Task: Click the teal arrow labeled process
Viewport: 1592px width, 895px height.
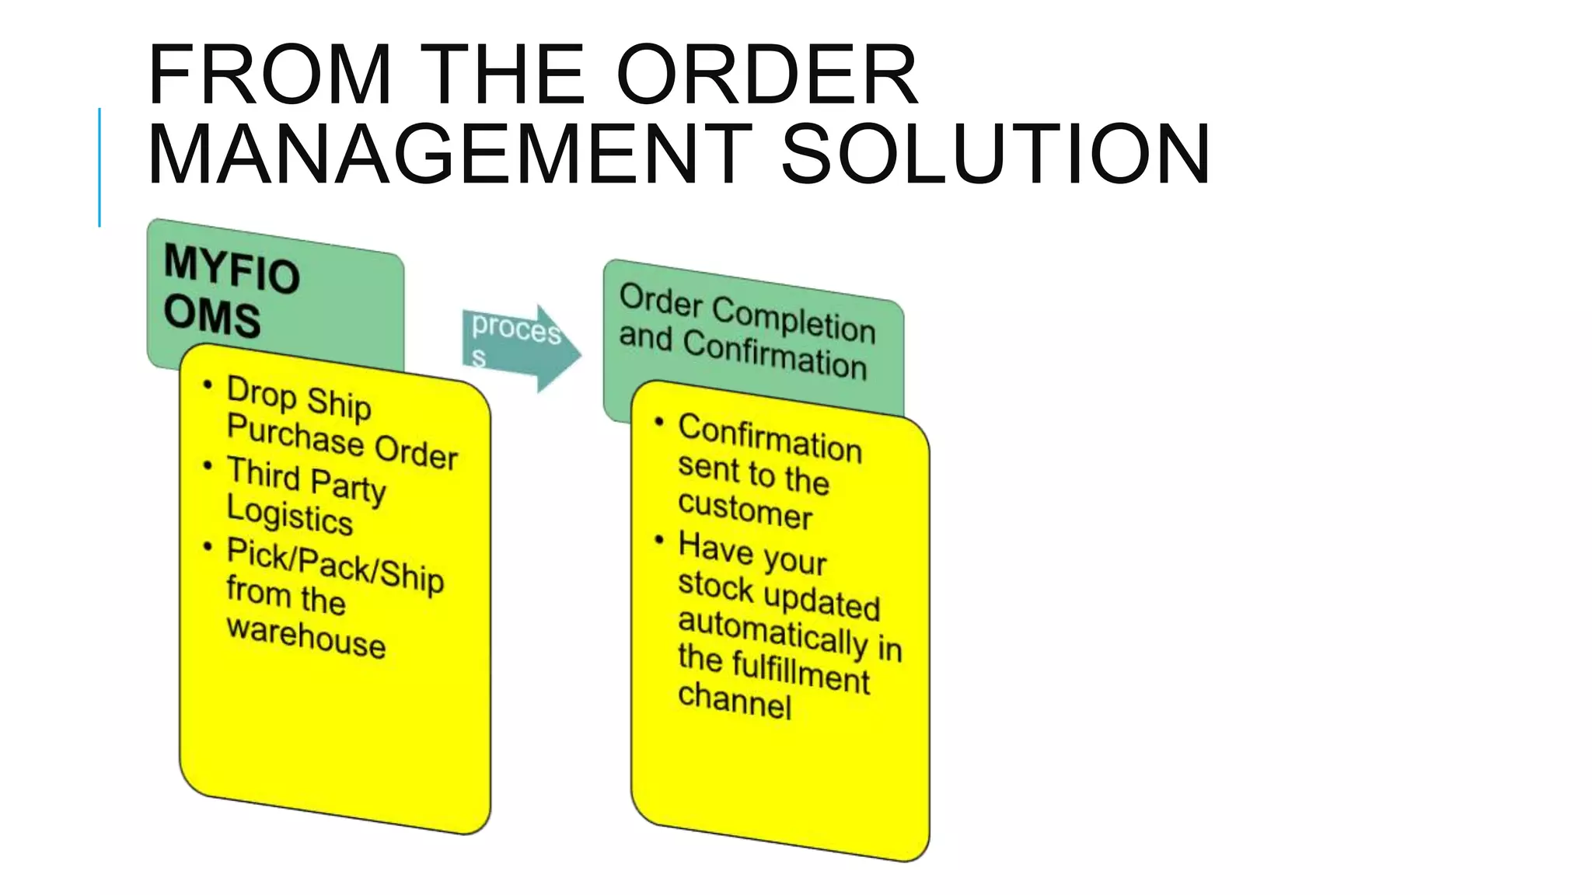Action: tap(519, 347)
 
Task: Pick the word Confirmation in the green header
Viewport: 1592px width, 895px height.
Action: tap(774, 354)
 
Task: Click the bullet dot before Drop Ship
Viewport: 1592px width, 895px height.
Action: tap(208, 385)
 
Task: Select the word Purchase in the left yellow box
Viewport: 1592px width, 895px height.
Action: tap(295, 434)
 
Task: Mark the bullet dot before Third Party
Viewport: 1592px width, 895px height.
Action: tap(208, 465)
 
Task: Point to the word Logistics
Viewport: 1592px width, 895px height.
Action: tap(289, 514)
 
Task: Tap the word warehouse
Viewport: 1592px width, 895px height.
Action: tap(306, 637)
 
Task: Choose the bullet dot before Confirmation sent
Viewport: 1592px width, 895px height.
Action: tap(659, 422)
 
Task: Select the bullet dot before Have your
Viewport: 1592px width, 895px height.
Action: tap(659, 539)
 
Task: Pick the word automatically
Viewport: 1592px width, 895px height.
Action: tap(773, 630)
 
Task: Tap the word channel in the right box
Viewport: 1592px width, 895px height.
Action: tap(735, 701)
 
